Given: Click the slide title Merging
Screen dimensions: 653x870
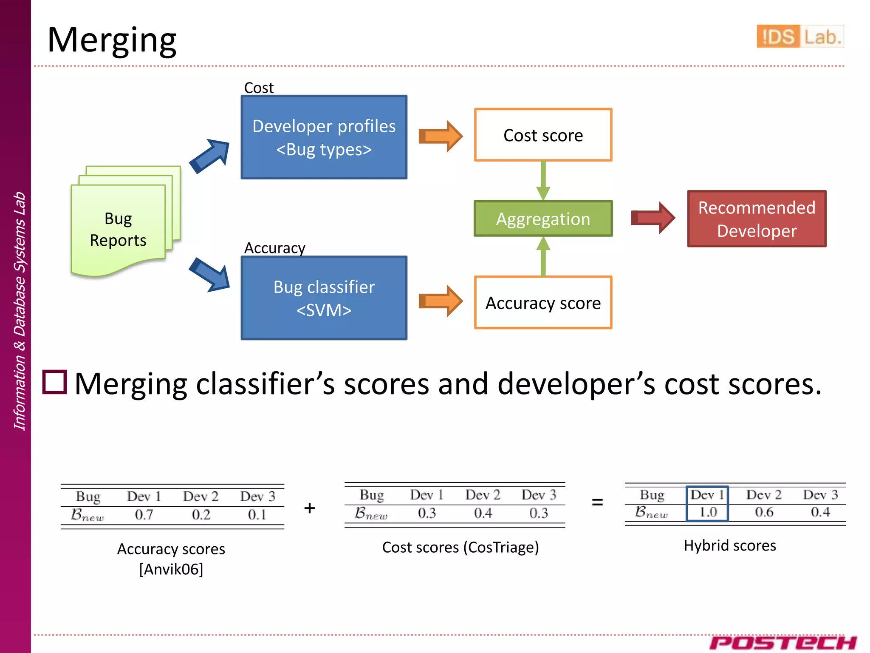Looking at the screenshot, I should (x=112, y=40).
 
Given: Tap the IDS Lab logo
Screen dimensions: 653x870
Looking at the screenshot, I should (x=799, y=36).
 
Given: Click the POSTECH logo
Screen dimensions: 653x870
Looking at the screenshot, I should (x=782, y=642).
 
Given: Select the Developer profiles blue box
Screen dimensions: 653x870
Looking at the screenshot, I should (x=324, y=137).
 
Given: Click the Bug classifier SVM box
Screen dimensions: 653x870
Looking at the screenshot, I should (x=324, y=298).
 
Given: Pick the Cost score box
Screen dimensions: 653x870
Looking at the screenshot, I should (x=543, y=135).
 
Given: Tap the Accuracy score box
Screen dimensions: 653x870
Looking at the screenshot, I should (x=543, y=303).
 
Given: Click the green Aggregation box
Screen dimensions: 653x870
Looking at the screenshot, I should (x=543, y=219).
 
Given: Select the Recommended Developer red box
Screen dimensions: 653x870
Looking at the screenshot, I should (x=757, y=219).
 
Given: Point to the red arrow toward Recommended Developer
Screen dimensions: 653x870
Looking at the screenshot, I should (x=652, y=218).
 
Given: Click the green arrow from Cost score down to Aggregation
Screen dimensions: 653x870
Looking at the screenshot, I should (x=543, y=180).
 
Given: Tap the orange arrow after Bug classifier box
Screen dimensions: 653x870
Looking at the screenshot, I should (x=440, y=301).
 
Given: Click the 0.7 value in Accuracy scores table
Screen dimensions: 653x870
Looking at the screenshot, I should (x=144, y=515).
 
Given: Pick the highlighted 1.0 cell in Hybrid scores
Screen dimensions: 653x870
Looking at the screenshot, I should (x=708, y=511).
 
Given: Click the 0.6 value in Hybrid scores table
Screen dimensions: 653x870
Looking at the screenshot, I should (x=764, y=512).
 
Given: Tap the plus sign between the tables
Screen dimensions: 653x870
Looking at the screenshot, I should (x=310, y=508).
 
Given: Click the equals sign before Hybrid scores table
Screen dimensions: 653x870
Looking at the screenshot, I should (x=597, y=502).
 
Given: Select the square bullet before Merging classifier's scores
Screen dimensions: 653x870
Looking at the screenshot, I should (x=55, y=382).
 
